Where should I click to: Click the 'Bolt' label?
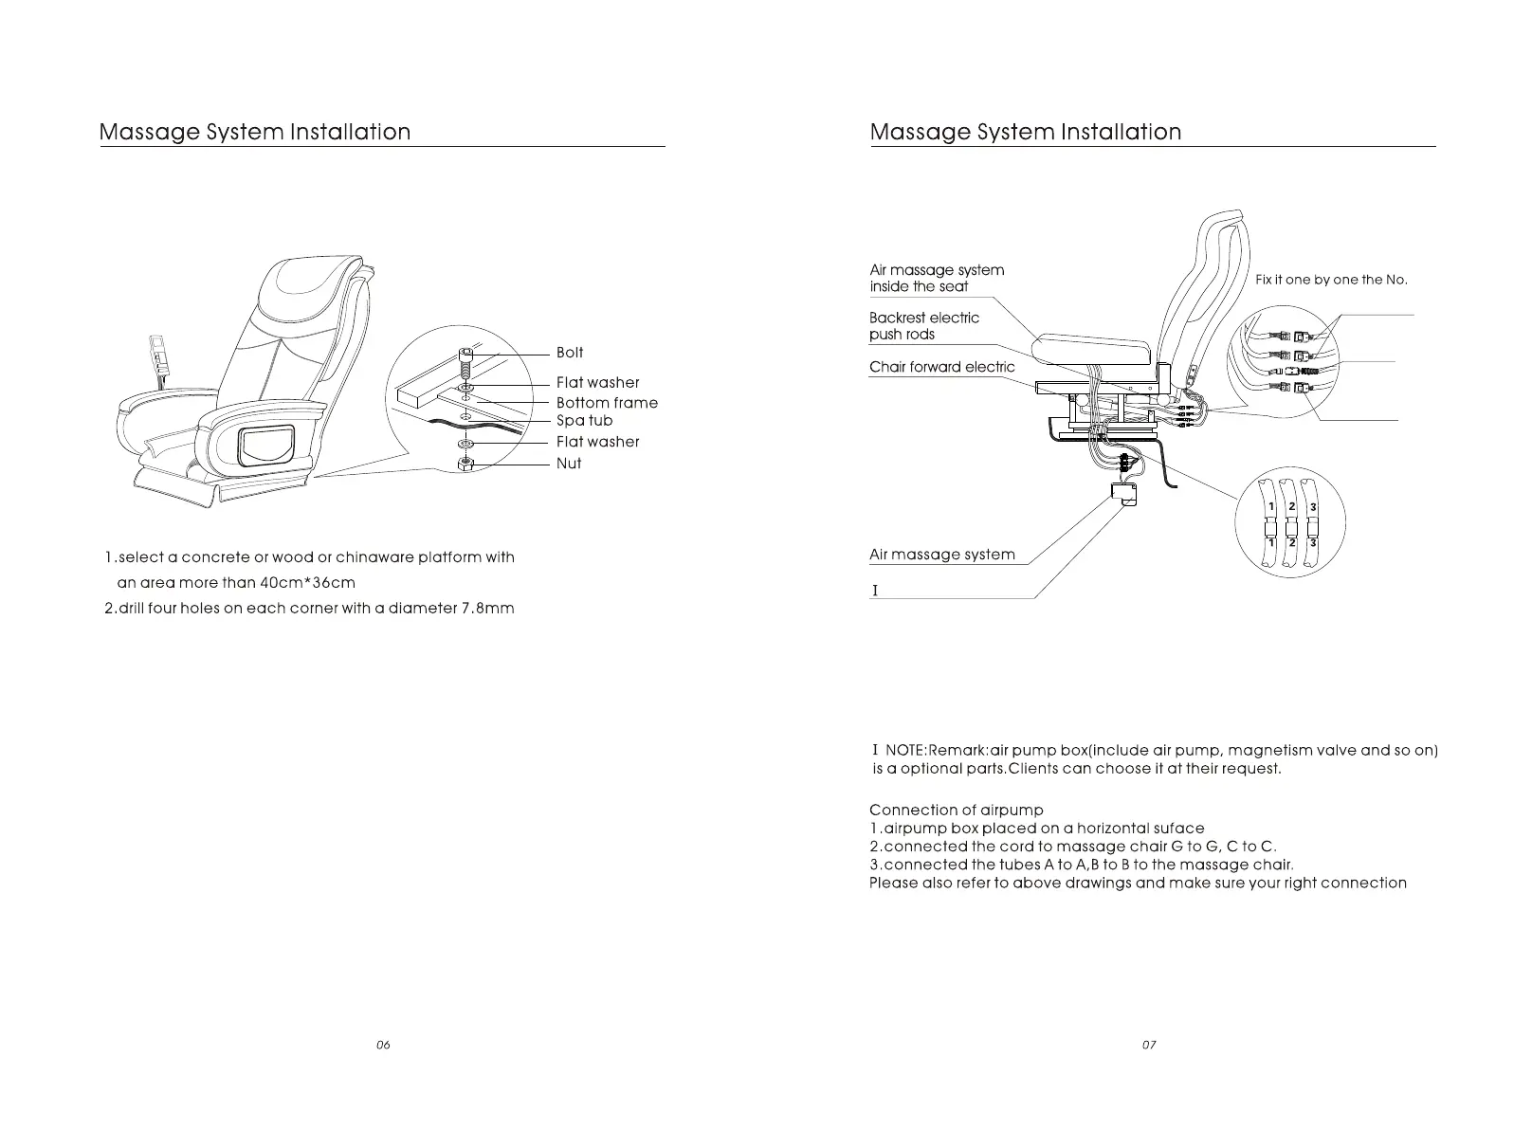570,353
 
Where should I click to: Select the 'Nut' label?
569,464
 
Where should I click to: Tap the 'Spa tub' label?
584,421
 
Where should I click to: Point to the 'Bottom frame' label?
607,403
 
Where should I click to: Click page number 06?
383,1045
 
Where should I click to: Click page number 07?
1149,1045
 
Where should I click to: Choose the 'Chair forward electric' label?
941,368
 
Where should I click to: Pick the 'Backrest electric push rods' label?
923,326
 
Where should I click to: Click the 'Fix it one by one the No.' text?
1331,280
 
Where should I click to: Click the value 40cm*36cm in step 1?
307,583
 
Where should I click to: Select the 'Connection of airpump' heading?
956,810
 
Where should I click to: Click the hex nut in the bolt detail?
465,464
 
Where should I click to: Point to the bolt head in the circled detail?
465,356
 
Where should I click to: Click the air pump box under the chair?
1124,493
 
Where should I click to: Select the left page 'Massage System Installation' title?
255,132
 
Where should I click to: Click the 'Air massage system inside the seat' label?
937,278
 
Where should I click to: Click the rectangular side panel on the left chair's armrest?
265,447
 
